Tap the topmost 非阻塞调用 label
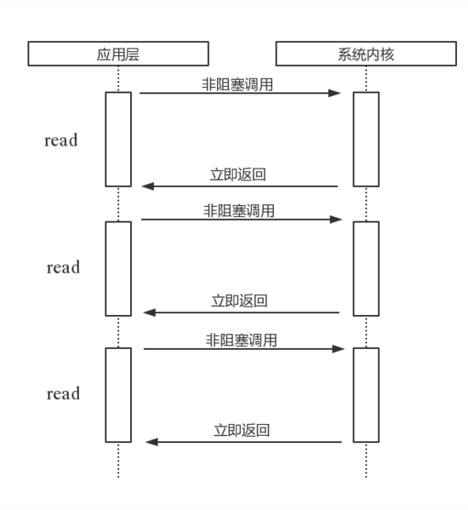[x=237, y=84]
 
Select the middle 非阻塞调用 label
[x=239, y=211]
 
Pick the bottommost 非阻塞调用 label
[x=241, y=341]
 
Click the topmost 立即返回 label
[x=238, y=175]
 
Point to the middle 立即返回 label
[x=239, y=301]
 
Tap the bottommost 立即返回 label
[x=242, y=430]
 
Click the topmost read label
[x=61, y=140]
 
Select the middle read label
[x=63, y=267]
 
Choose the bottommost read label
[x=63, y=393]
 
